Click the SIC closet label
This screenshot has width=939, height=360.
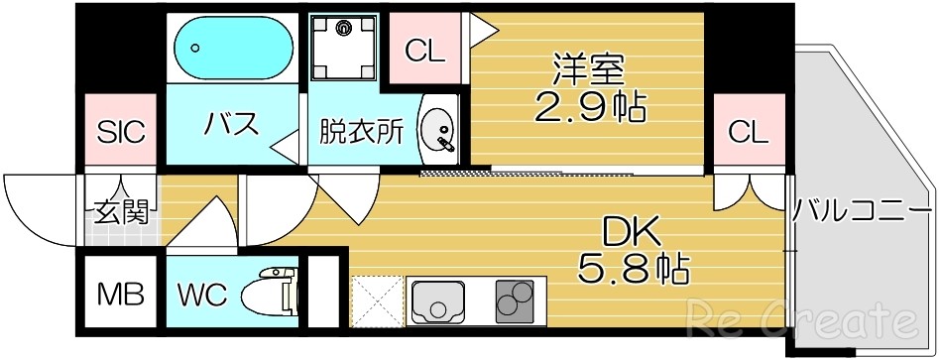pyautogui.click(x=122, y=131)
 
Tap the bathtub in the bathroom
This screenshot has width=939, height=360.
pyautogui.click(x=232, y=48)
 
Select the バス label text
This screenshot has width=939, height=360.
pyautogui.click(x=232, y=125)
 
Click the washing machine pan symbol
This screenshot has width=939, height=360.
pyautogui.click(x=346, y=47)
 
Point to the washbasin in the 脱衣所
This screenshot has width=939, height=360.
pyautogui.click(x=437, y=131)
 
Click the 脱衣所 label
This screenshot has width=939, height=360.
pyautogui.click(x=361, y=132)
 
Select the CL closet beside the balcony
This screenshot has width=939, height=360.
pyautogui.click(x=748, y=131)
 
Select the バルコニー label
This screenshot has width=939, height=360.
pyautogui.click(x=862, y=211)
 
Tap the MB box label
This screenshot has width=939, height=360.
pyautogui.click(x=121, y=294)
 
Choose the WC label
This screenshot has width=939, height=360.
pyautogui.click(x=203, y=295)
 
